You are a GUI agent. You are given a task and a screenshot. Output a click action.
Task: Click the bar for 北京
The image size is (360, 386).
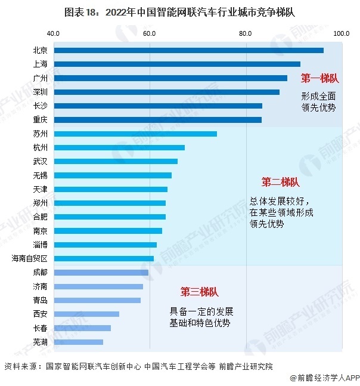click(189, 50)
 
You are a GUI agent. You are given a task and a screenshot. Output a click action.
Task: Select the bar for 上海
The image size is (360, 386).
click(177, 64)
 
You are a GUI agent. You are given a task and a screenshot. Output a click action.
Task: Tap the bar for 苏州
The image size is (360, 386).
click(135, 134)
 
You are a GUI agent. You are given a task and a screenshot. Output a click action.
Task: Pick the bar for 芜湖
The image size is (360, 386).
click(79, 342)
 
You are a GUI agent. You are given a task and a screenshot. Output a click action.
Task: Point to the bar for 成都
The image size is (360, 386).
click(101, 273)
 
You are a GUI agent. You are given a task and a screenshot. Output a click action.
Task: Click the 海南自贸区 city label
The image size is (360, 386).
click(30, 258)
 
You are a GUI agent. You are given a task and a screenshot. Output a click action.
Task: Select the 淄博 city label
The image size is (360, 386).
click(41, 245)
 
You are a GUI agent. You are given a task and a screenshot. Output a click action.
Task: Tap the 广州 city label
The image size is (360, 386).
click(41, 78)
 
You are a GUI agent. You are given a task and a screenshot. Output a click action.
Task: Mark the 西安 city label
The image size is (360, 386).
click(41, 314)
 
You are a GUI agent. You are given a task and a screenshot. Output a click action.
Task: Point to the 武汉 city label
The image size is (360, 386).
click(41, 162)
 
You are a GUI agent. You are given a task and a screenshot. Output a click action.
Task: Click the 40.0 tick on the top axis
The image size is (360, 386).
click(53, 33)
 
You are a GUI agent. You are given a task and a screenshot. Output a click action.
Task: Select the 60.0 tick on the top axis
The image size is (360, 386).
click(149, 33)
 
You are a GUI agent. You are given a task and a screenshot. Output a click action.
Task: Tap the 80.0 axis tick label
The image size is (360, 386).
click(246, 33)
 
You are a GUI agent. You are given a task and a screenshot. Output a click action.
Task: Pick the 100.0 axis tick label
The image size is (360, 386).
click(341, 33)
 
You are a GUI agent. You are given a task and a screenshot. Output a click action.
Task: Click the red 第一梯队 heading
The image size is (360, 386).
click(319, 78)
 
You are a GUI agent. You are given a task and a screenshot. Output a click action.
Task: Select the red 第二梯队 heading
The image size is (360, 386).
click(280, 182)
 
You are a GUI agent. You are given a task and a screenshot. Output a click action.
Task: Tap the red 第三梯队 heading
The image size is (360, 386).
click(199, 292)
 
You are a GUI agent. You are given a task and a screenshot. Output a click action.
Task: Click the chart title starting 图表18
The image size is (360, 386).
click(180, 11)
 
